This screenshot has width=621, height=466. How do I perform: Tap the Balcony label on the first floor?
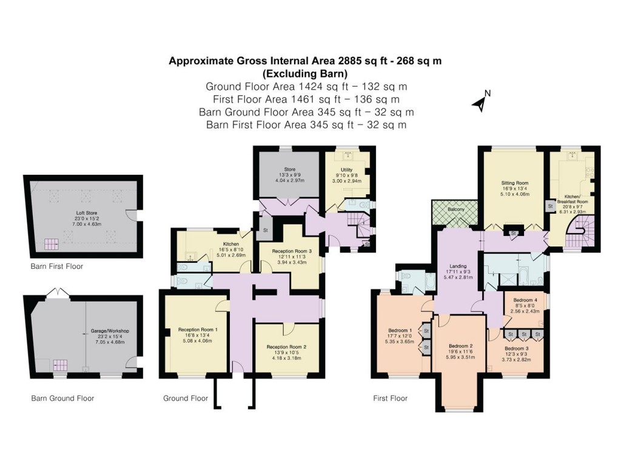455,209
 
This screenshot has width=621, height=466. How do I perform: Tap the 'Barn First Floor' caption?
56,266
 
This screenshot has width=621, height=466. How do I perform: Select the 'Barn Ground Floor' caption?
62,399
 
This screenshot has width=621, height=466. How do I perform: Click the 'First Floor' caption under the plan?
390,399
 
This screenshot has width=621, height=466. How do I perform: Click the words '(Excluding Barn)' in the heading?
304,74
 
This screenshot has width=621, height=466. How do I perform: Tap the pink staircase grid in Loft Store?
50,245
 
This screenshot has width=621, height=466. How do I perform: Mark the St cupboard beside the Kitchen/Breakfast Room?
550,206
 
